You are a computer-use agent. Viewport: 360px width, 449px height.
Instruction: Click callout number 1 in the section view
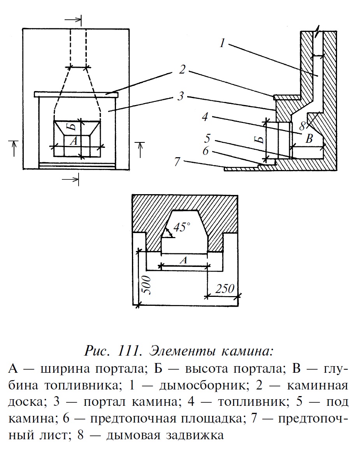pos(222,43)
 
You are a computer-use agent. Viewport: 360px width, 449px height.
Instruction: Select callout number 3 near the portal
pos(180,96)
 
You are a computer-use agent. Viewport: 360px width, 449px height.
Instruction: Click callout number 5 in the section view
pos(207,138)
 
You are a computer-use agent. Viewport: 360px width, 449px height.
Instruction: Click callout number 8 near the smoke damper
pos(303,126)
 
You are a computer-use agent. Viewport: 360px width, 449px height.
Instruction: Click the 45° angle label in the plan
pos(181,227)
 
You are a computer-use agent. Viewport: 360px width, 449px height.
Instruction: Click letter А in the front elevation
pos(73,142)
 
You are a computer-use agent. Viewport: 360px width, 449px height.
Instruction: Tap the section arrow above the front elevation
pos(74,19)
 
